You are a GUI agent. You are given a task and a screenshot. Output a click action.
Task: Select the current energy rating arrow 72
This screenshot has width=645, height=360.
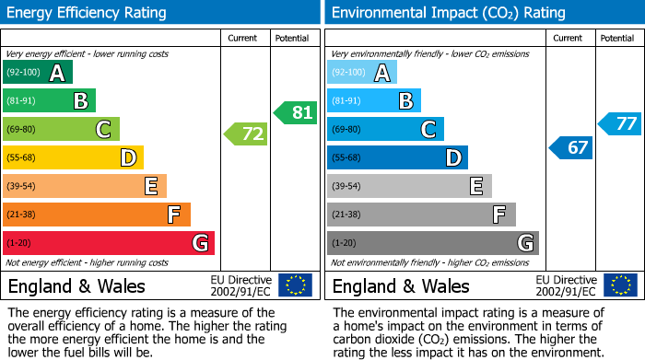pyautogui.click(x=246, y=134)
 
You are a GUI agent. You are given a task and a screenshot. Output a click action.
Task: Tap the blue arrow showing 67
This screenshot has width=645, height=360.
pyautogui.click(x=571, y=146)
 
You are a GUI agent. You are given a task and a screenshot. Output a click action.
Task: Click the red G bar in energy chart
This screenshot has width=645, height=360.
pyautogui.click(x=109, y=243)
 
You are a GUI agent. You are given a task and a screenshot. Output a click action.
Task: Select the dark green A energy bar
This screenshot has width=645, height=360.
pyautogui.click(x=38, y=73)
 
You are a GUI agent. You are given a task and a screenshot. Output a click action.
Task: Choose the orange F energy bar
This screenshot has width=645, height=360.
pyautogui.click(x=97, y=215)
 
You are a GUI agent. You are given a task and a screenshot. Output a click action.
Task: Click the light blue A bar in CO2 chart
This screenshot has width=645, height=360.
pyautogui.click(x=362, y=73)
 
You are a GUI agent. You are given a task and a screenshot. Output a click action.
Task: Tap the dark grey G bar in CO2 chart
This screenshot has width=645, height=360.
pyautogui.click(x=433, y=243)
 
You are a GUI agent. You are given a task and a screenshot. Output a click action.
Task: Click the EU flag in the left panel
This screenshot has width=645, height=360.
pyautogui.click(x=295, y=285)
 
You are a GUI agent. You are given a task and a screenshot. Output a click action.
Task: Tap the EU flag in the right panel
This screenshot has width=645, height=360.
pyautogui.click(x=619, y=285)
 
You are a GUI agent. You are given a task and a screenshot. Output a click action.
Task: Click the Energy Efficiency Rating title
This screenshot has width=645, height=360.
pyautogui.click(x=87, y=13)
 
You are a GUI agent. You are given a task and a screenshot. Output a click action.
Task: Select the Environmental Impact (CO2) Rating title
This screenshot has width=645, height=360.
pyautogui.click(x=435, y=13)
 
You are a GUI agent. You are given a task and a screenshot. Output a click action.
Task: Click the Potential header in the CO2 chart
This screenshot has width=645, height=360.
pyautogui.click(x=617, y=38)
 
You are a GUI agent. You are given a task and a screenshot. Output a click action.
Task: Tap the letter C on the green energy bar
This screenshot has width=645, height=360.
pyautogui.click(x=104, y=130)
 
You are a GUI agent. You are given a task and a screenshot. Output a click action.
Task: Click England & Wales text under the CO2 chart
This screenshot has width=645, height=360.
pyautogui.click(x=401, y=285)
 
